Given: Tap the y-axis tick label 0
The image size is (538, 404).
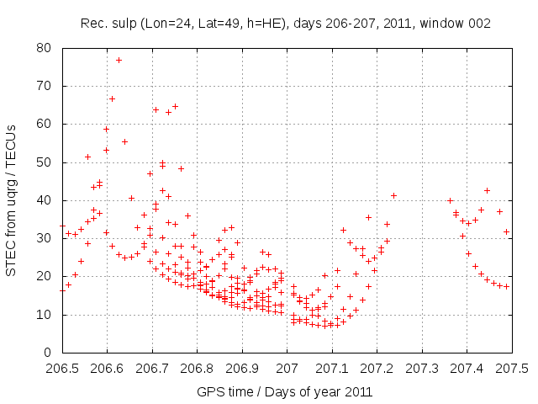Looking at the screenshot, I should click(50, 353).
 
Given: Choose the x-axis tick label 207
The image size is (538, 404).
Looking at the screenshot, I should click(287, 368).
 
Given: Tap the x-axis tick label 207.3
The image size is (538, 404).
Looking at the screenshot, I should click(422, 368).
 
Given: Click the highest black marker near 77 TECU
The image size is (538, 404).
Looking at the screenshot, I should click(119, 60).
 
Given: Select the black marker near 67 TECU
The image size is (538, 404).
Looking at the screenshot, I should click(112, 98).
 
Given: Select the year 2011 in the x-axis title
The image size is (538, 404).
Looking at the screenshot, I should click(357, 392).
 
